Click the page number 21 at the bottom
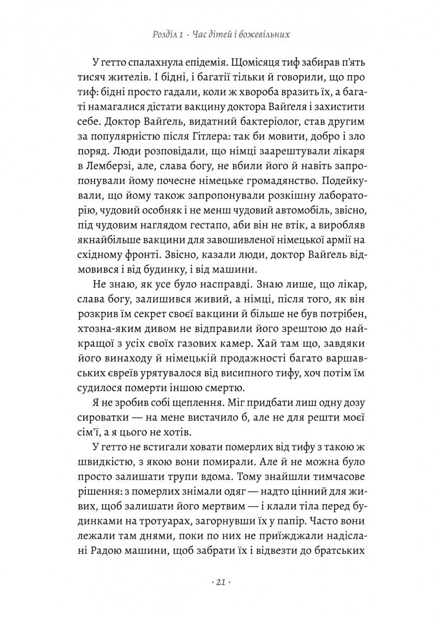pos(219,582)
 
